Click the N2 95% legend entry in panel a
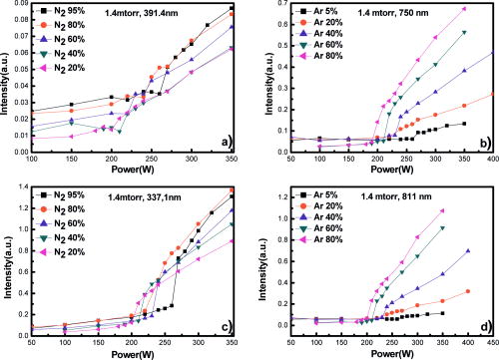(56, 10)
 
